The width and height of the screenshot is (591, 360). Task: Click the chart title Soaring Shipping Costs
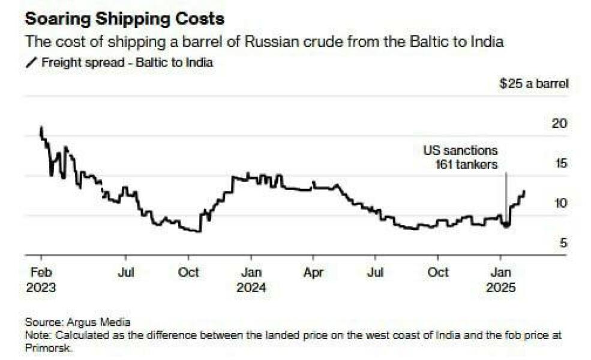coord(124,19)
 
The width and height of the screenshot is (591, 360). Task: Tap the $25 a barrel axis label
coord(533,83)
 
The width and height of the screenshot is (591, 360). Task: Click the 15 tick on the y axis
coord(559,163)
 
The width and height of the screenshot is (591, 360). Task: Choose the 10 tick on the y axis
coord(559,203)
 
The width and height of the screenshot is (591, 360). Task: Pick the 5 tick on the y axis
coord(562,243)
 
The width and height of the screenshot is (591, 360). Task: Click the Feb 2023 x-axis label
coord(41,280)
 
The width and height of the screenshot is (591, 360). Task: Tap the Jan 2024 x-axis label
coord(251,280)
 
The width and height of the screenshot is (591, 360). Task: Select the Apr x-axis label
coord(313,272)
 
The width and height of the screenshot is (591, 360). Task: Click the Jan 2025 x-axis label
coord(501,280)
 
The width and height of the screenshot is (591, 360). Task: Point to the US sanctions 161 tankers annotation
coord(461,157)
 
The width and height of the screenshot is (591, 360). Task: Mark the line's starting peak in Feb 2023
coord(41,127)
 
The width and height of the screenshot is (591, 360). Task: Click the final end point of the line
coord(524,191)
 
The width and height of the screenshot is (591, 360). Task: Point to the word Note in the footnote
coord(36,334)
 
